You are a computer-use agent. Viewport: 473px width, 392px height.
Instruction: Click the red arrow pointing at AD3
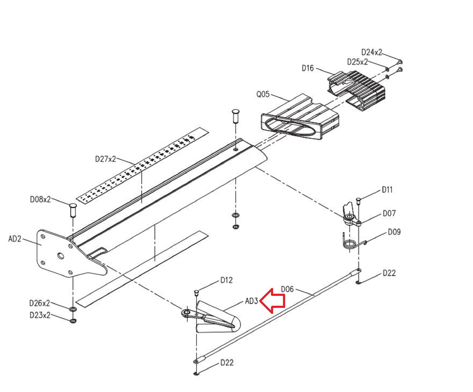273,301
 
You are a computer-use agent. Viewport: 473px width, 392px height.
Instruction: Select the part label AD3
251,301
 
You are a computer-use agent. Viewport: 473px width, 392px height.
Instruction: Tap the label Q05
263,94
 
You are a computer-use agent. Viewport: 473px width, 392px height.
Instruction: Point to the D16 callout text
308,68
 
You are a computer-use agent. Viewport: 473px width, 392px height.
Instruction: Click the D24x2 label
371,52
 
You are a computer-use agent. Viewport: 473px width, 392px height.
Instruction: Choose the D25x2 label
357,62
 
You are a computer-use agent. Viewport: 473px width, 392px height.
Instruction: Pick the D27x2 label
105,159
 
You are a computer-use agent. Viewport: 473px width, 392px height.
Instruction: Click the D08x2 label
40,199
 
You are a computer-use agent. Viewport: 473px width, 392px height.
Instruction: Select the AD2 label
15,239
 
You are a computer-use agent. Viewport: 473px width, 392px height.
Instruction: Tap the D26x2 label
39,303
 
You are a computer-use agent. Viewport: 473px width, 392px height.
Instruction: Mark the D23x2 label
40,315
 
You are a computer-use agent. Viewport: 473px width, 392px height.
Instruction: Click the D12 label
226,280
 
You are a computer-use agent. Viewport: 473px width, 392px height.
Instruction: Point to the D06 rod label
287,289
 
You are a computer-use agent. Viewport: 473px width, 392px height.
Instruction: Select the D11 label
387,190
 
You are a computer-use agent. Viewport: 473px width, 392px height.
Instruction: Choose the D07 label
389,214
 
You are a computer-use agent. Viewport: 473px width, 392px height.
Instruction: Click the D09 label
394,232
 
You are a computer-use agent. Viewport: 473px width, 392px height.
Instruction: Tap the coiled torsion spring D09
350,244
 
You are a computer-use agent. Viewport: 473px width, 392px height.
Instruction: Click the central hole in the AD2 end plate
61,256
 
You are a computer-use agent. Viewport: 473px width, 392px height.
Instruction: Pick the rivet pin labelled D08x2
72,210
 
